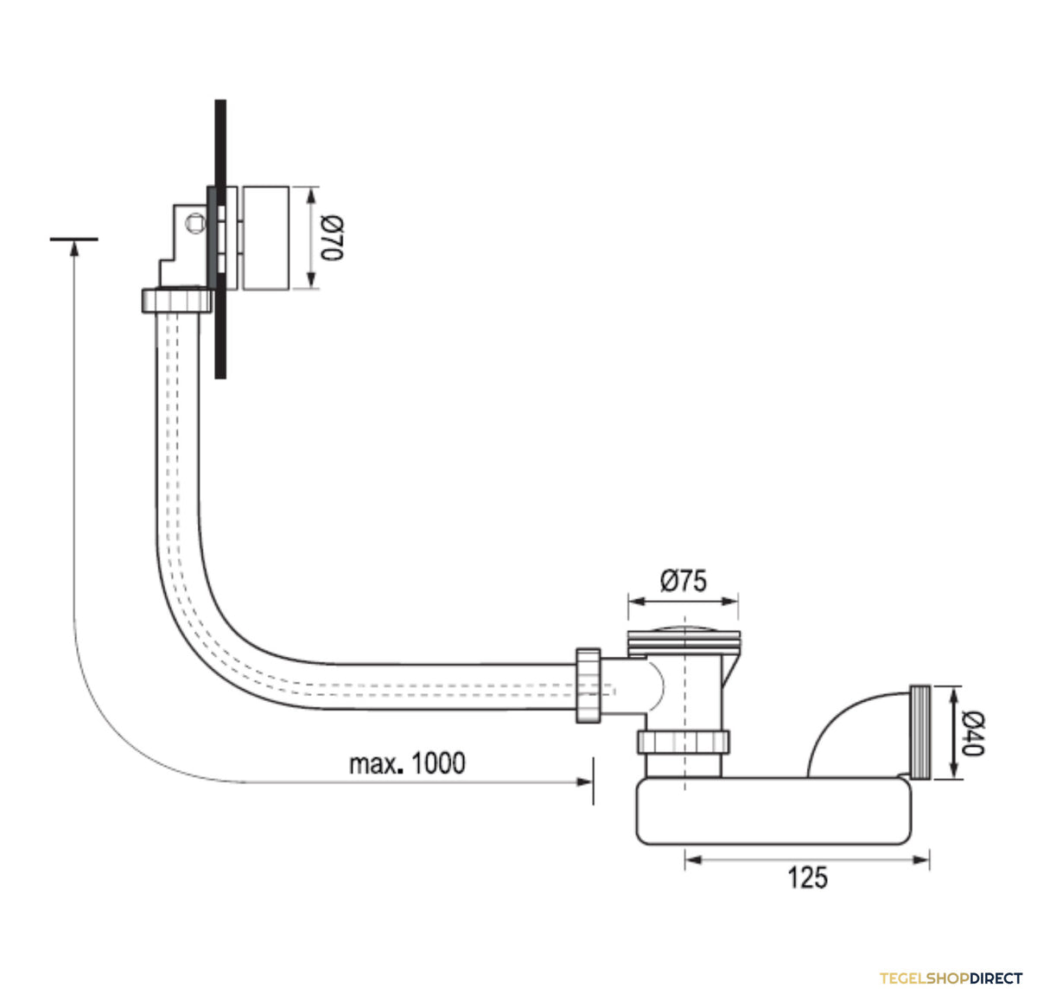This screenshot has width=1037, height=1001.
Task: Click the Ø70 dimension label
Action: (331, 239)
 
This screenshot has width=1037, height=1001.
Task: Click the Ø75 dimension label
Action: (684, 580)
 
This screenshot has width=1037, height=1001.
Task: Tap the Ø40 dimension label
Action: (972, 733)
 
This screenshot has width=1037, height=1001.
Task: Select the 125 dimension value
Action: (807, 878)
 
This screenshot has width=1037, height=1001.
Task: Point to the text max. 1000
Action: (407, 762)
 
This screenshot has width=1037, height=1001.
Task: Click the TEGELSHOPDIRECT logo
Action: (951, 979)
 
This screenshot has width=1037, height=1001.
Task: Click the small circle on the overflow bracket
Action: (195, 222)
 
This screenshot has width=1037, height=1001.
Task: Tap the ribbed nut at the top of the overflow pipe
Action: (177, 300)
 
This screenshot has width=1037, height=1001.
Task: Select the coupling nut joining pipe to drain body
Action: (588, 685)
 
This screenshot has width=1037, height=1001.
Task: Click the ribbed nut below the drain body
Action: (684, 742)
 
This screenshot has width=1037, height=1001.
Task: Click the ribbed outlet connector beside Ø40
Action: (920, 732)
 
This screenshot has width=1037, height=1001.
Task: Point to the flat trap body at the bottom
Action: (773, 811)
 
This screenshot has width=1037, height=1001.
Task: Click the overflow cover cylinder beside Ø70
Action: (266, 239)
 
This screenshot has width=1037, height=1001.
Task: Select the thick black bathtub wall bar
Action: (220, 239)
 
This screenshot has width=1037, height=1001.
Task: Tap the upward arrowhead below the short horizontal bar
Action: (74, 249)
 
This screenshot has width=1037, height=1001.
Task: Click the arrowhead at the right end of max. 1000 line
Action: (584, 782)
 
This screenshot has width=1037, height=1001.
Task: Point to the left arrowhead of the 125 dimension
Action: (693, 860)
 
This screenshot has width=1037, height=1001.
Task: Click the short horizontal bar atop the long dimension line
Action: (73, 239)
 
